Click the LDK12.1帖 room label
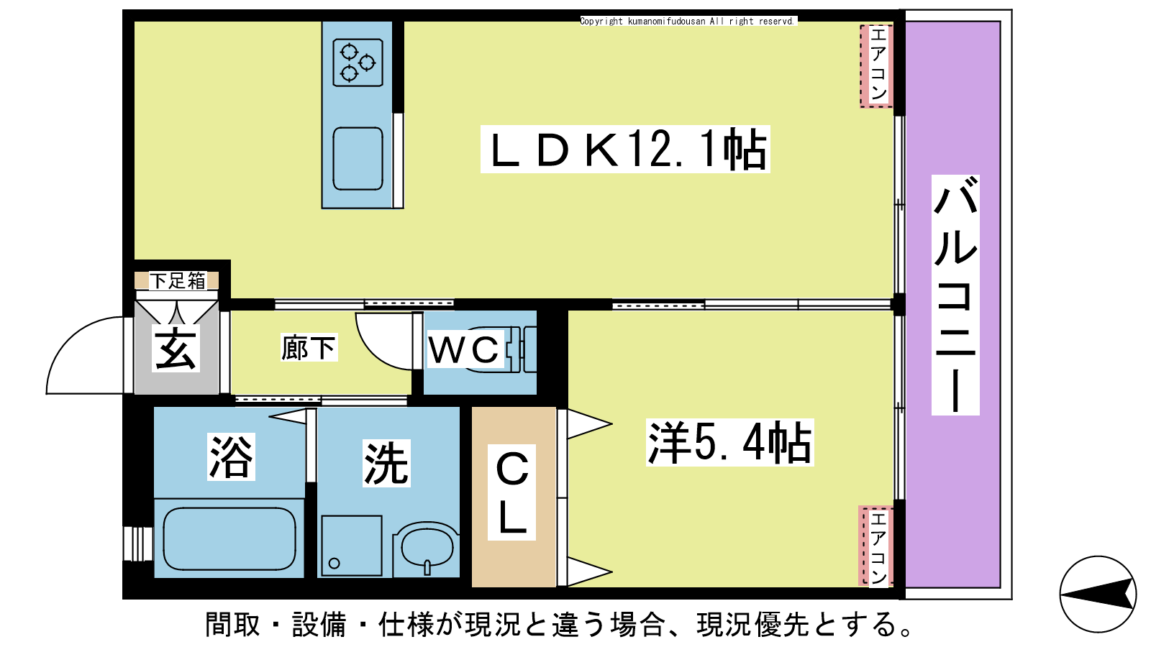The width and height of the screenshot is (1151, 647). point(625,149)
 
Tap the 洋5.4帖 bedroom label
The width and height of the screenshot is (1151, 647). point(729,443)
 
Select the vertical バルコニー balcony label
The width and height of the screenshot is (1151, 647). point(955,295)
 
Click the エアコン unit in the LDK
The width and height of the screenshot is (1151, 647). point(877,66)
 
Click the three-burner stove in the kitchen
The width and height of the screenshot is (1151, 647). point(358,63)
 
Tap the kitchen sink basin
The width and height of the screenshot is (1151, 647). point(358,159)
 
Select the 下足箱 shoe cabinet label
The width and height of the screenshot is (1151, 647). point(177,281)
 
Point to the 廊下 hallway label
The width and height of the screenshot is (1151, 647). point(309,348)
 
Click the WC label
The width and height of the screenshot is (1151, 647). point(465,349)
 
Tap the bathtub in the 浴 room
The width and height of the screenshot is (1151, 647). point(229,538)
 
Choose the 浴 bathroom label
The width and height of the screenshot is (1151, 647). point(231,457)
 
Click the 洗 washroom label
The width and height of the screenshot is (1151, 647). point(386,463)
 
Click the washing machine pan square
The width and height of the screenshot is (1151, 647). point(352,546)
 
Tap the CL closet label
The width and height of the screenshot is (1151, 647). point(511,492)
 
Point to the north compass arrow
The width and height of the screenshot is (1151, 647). point(1098,595)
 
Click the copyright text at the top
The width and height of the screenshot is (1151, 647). point(688,21)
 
